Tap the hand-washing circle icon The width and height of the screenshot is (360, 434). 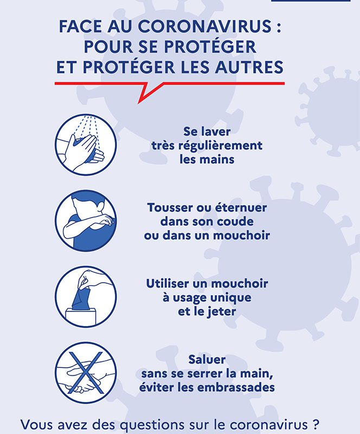[x=86, y=145]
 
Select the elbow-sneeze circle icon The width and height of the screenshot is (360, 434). [x=86, y=221]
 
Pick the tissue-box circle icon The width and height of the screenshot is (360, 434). [x=86, y=297]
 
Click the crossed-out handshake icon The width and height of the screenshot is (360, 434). [x=86, y=373]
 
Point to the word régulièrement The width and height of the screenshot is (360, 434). [x=220, y=146]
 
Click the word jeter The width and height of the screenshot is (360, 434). [x=222, y=311]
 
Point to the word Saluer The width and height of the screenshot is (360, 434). [x=207, y=360]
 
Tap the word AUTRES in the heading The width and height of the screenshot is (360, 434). [x=249, y=67]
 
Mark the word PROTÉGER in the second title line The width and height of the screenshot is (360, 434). [x=210, y=47]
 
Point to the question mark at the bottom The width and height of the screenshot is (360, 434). [x=316, y=424]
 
